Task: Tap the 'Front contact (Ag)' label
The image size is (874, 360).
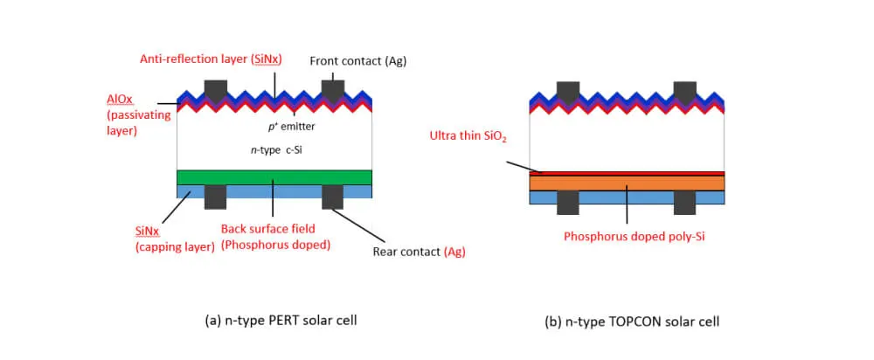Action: (x=358, y=61)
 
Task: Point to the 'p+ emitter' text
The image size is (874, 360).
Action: (x=291, y=127)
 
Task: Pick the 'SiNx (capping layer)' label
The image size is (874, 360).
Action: (x=175, y=239)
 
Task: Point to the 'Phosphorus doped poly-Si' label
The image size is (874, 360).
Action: (x=634, y=236)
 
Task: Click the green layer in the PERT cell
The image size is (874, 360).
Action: (x=274, y=177)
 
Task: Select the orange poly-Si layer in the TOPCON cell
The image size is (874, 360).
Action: (x=627, y=183)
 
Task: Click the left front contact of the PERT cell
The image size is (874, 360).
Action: (x=215, y=90)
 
